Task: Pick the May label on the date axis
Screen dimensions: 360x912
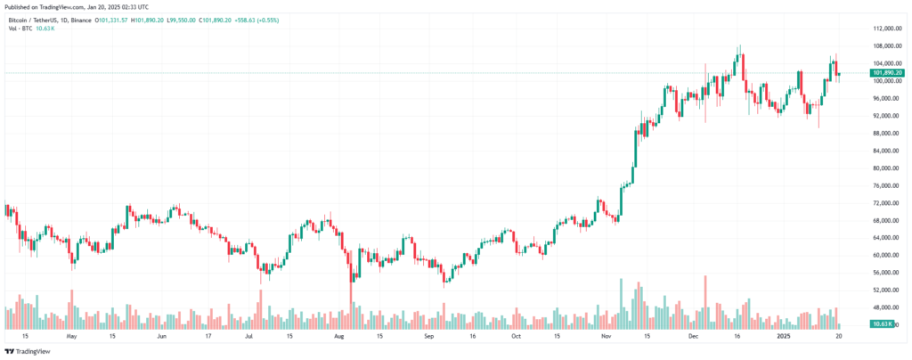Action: tap(71, 338)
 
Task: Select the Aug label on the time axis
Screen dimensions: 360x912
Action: tap(338, 338)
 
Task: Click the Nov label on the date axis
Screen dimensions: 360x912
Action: tap(607, 338)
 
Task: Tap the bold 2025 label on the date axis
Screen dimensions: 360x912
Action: tap(784, 338)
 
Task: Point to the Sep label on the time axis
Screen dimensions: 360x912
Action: tap(429, 338)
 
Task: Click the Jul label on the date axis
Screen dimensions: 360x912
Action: tap(251, 338)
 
